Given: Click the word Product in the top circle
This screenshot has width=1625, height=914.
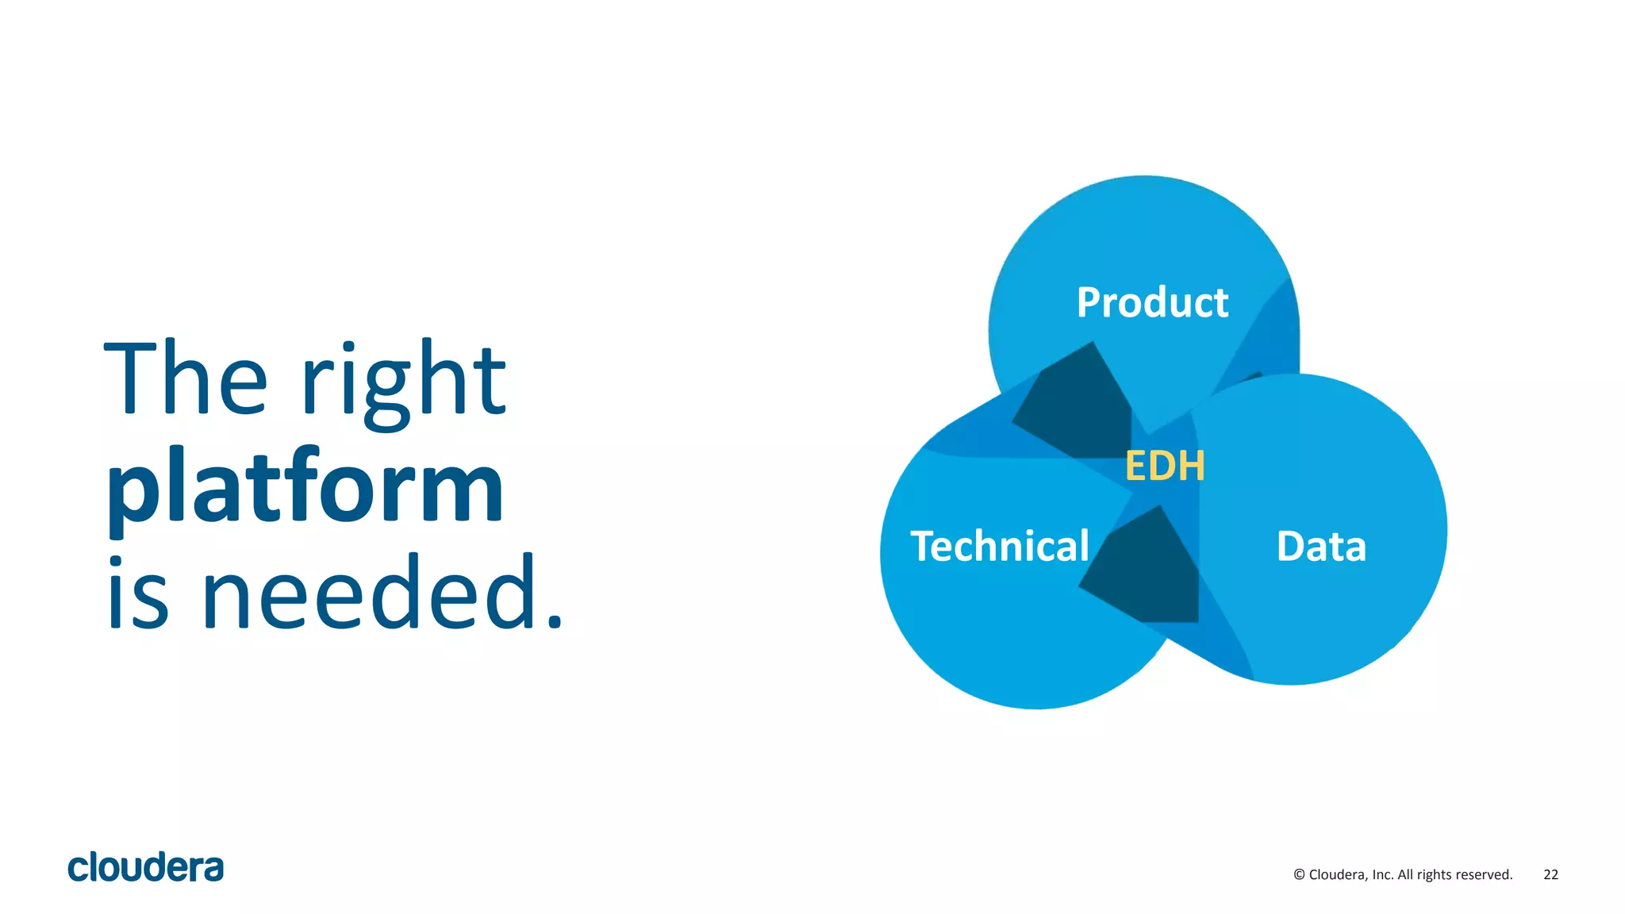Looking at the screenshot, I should pos(1152,302).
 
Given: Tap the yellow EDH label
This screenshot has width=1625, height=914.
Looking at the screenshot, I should pos(1165,466).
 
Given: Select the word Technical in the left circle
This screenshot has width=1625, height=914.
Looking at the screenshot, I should pos(1000,546).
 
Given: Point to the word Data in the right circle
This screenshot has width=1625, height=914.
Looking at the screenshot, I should pos(1321,546).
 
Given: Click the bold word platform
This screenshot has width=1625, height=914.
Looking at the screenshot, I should pos(305,488).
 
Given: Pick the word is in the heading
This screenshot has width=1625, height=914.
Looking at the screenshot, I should pos(138,595).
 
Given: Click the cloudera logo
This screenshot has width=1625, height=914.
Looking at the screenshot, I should pos(145,867).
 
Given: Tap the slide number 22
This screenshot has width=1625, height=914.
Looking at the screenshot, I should pos(1550,874).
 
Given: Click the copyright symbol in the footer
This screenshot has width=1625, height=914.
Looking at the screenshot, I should pos(1299,874).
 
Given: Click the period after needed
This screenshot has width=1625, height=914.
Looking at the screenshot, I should pos(555,623).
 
